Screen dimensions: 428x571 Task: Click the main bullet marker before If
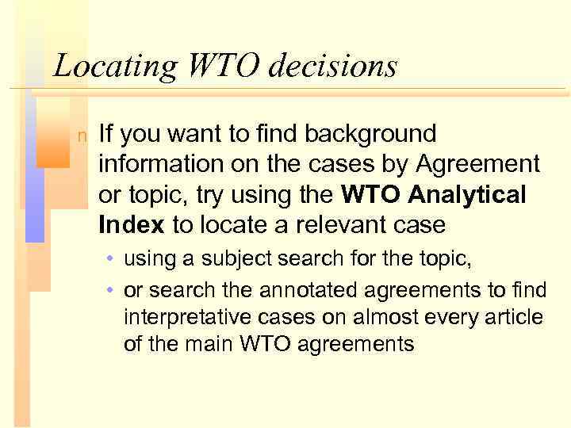tap(82, 137)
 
